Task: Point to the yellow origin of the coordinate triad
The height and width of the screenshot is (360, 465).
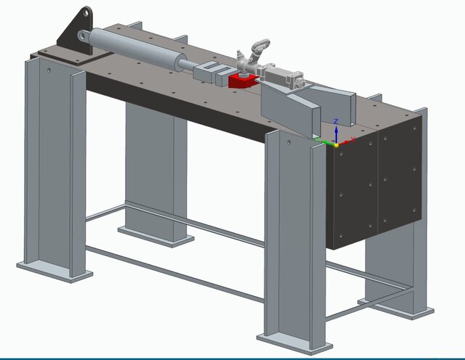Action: [336, 145]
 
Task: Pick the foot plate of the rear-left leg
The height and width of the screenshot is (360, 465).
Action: [156, 235]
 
